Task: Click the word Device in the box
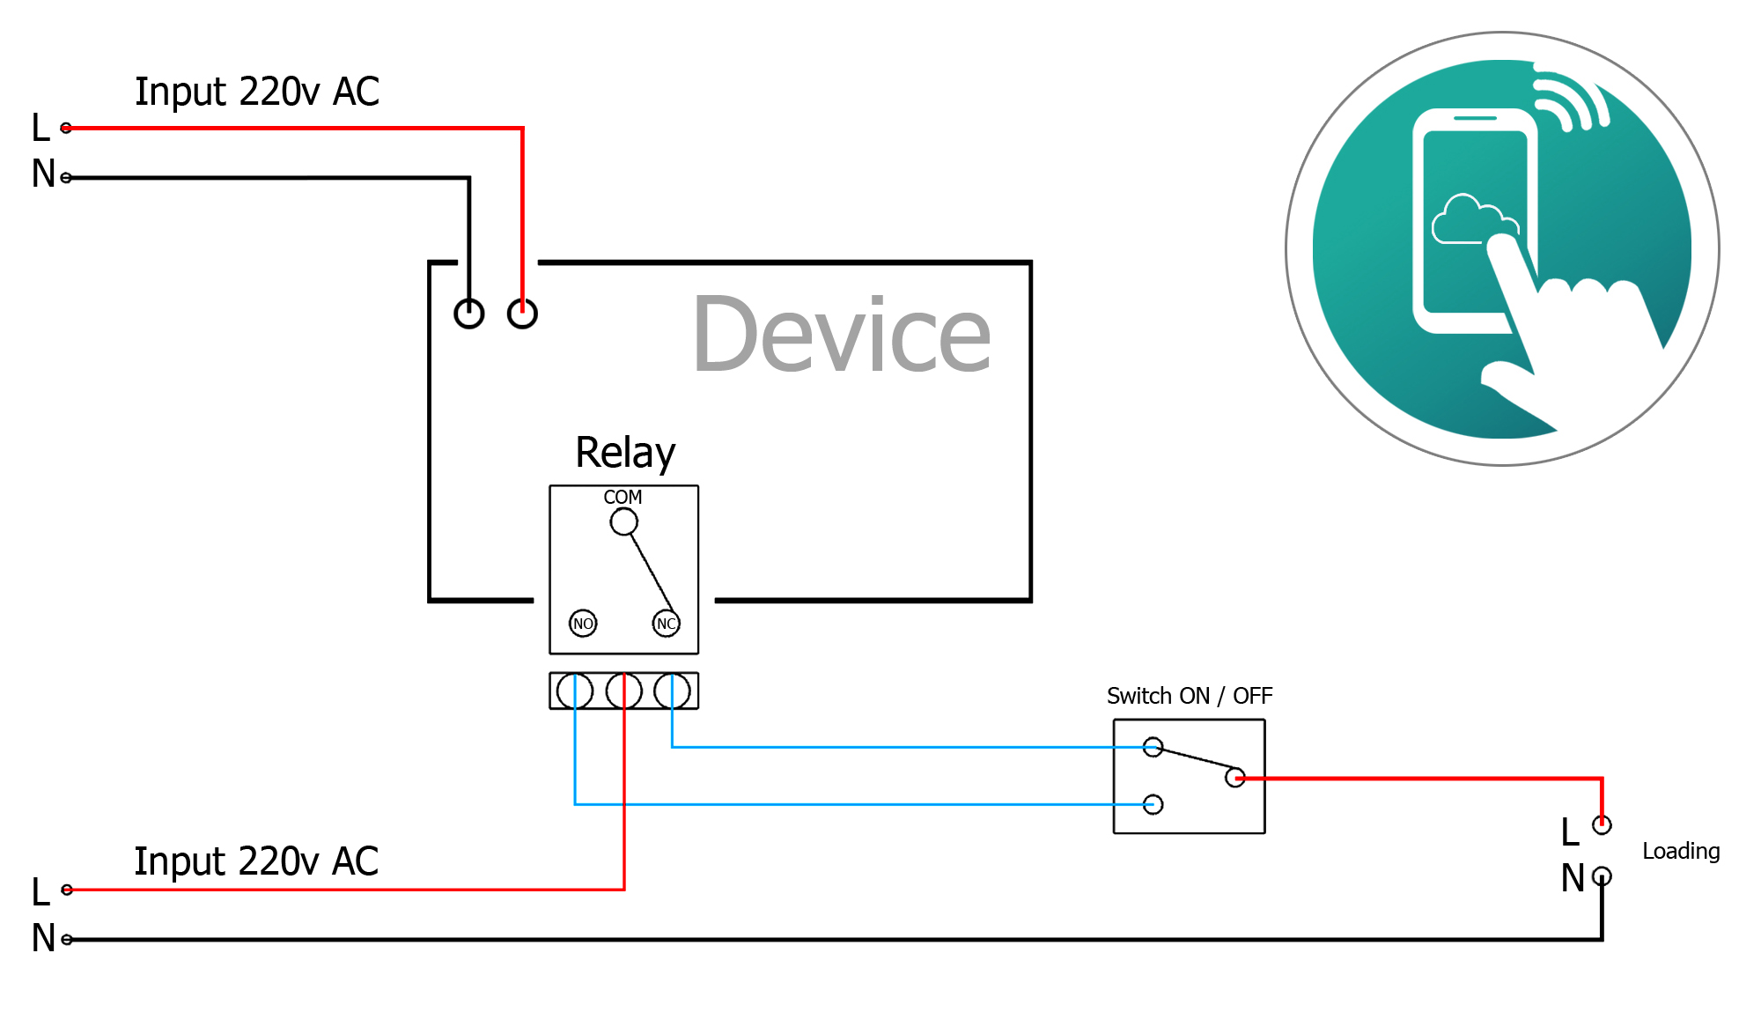842,336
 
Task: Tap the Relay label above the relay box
625,453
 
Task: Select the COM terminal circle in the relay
623,522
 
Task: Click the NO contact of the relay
583,624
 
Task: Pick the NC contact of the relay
667,624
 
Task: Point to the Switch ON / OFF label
1189,696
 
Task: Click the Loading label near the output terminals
1681,851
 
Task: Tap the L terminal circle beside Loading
1602,825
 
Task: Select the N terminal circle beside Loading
1602,876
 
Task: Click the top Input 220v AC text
256,92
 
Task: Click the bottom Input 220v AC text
256,861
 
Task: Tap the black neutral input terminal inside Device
469,314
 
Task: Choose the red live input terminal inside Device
522,314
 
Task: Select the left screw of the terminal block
575,691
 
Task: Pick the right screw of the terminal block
673,691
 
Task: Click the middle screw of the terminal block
624,691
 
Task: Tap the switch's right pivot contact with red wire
1235,777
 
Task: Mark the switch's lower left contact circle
1153,804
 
